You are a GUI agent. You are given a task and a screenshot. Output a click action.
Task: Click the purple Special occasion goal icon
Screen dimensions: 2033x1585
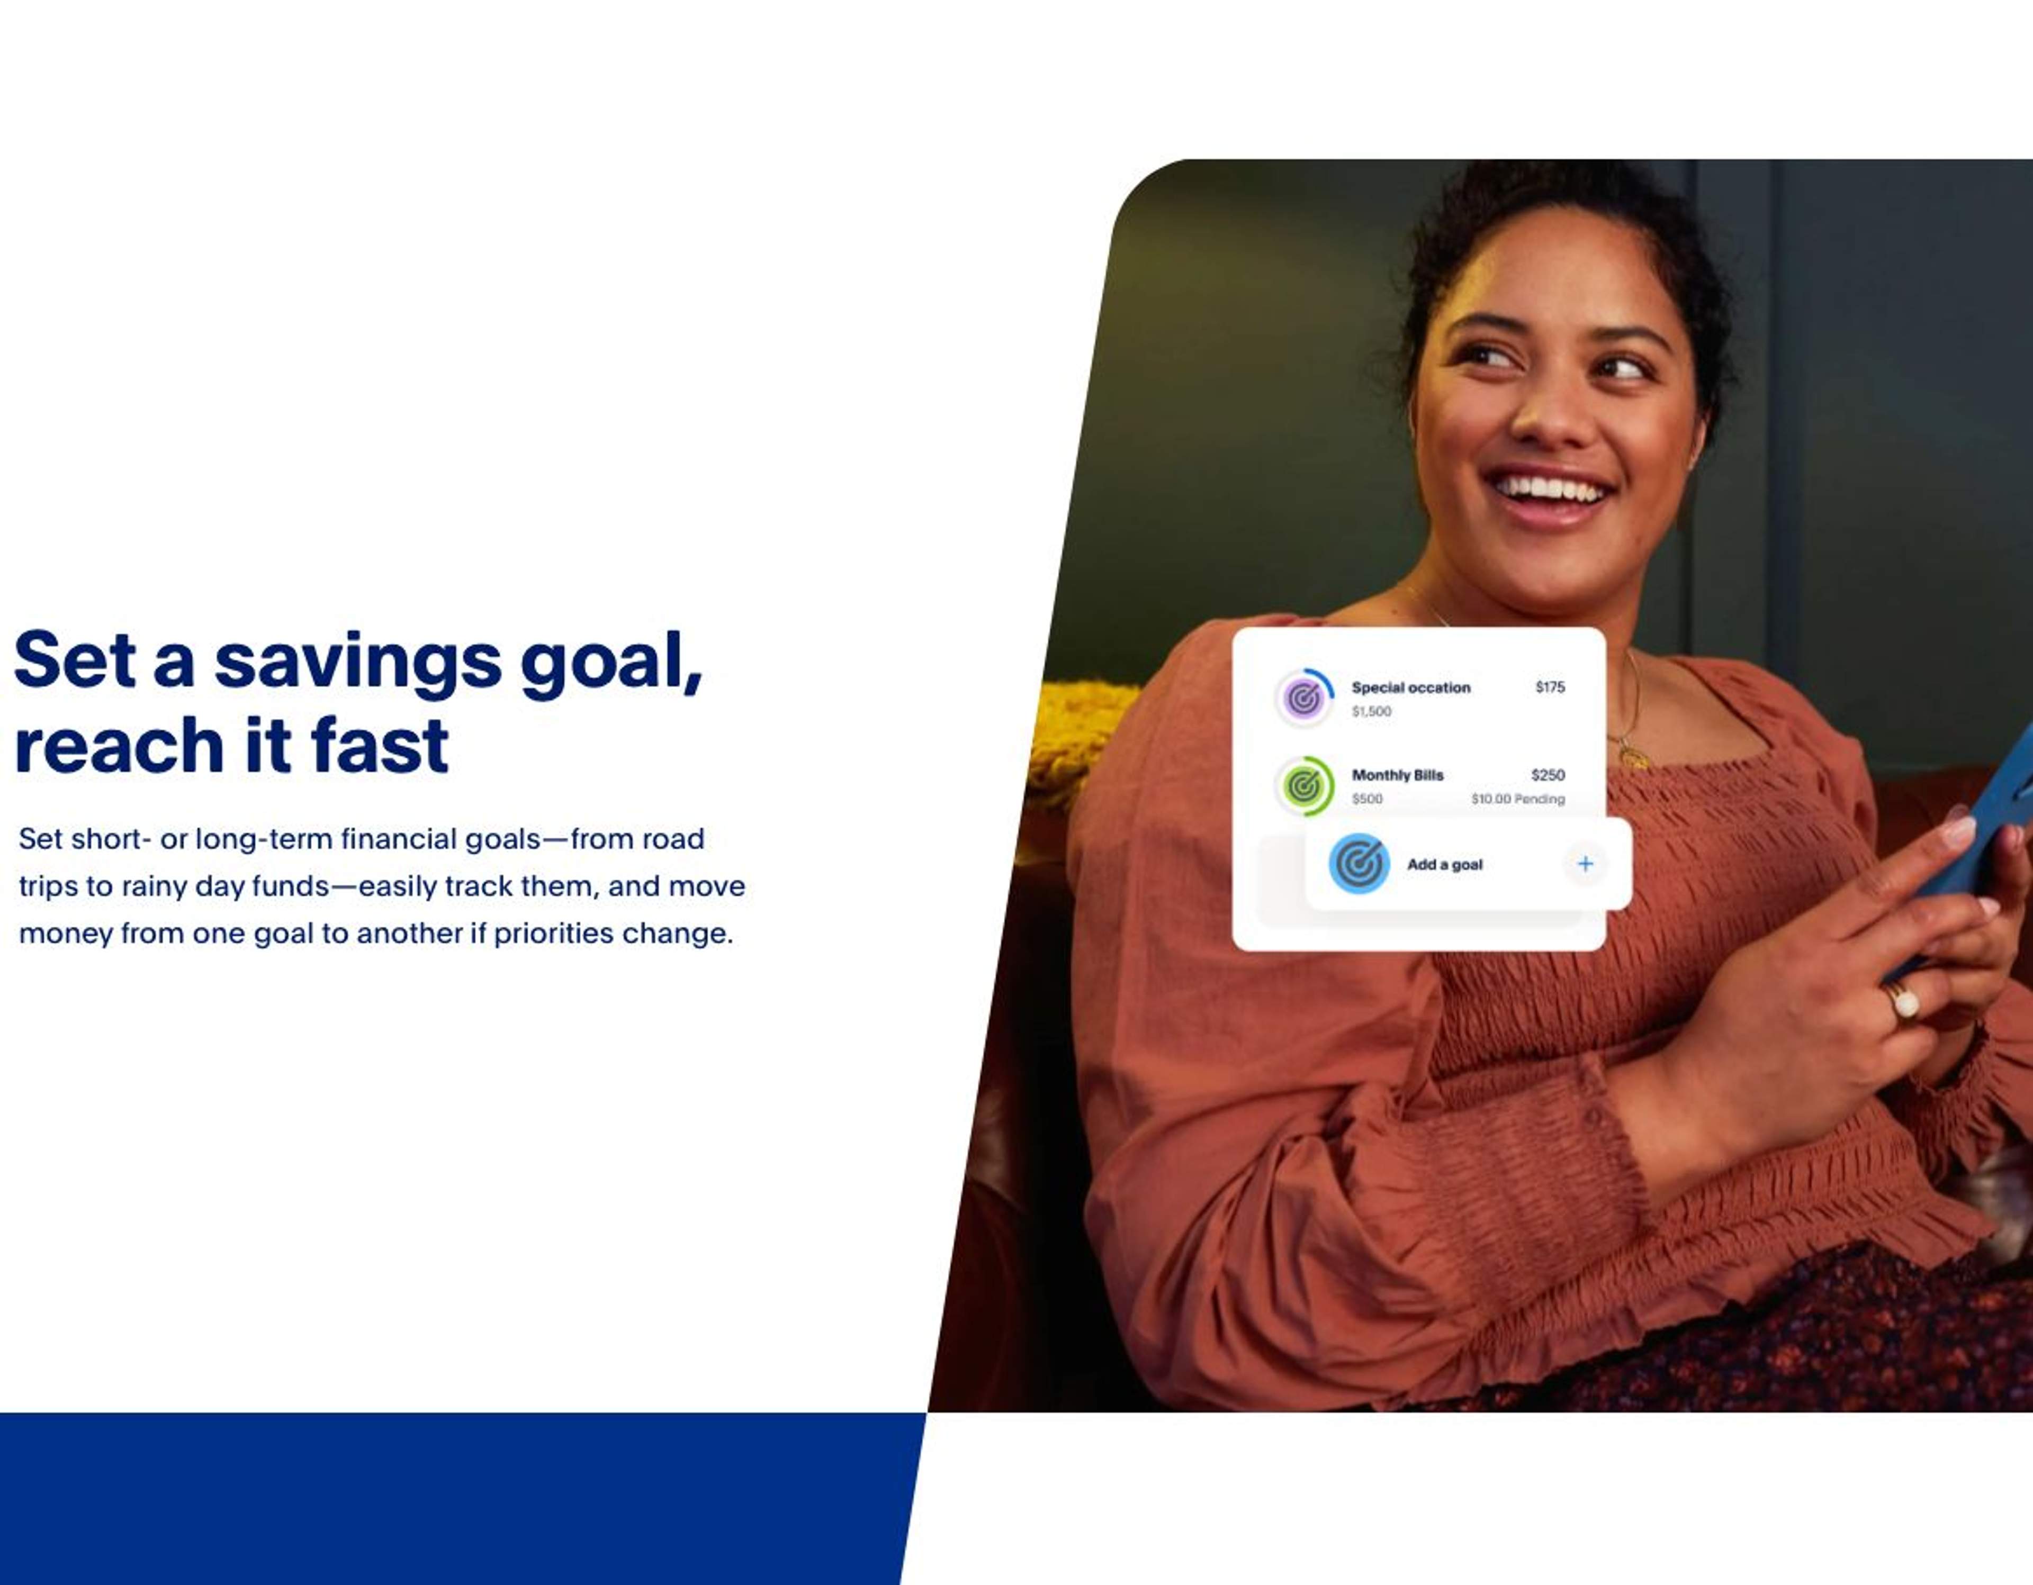pos(1304,697)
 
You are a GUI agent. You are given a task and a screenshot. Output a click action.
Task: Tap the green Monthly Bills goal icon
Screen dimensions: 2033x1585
pos(1304,785)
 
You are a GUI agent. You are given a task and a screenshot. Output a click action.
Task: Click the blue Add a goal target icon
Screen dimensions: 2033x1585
pos(1359,864)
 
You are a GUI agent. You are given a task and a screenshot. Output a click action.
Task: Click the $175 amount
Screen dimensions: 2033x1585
pos(1550,687)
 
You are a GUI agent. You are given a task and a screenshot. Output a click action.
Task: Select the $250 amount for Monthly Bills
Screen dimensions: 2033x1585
pos(1548,774)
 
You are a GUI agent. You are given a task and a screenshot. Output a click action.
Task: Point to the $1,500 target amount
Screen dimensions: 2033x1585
pos(1371,712)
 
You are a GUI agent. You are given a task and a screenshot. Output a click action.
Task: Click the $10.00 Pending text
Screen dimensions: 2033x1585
pos(1518,799)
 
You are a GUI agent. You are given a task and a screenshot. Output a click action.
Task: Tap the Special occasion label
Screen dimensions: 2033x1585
pos(1411,688)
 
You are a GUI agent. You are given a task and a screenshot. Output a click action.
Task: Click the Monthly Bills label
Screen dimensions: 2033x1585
pos(1397,775)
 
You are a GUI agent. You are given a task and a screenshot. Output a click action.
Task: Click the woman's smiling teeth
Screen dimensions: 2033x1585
pos(1550,488)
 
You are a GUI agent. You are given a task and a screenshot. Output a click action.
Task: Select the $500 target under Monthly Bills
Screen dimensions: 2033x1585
pos(1368,799)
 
